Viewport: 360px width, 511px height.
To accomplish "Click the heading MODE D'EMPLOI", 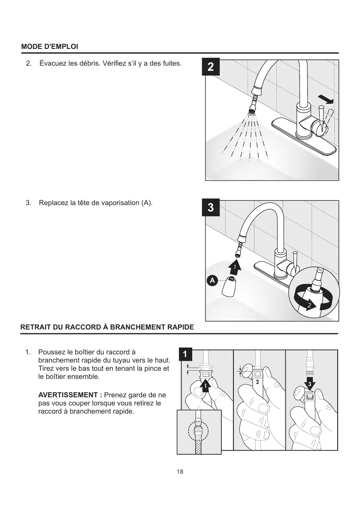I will click(49, 46).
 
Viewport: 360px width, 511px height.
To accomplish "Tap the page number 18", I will click(180, 472).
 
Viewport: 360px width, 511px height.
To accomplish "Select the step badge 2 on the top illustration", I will click(210, 67).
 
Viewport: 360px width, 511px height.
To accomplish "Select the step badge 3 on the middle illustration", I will click(210, 208).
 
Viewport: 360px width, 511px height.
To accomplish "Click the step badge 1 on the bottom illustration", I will click(185, 355).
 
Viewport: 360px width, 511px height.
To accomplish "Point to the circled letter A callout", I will click(212, 281).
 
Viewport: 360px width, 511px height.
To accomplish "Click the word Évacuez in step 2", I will click(52, 63).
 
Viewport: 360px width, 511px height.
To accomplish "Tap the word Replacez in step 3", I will click(53, 203).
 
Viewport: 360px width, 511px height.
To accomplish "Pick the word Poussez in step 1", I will click(51, 353).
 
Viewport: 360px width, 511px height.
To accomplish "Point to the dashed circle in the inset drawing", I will click(199, 431).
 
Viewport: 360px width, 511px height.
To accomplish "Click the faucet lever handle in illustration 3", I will click(295, 261).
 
